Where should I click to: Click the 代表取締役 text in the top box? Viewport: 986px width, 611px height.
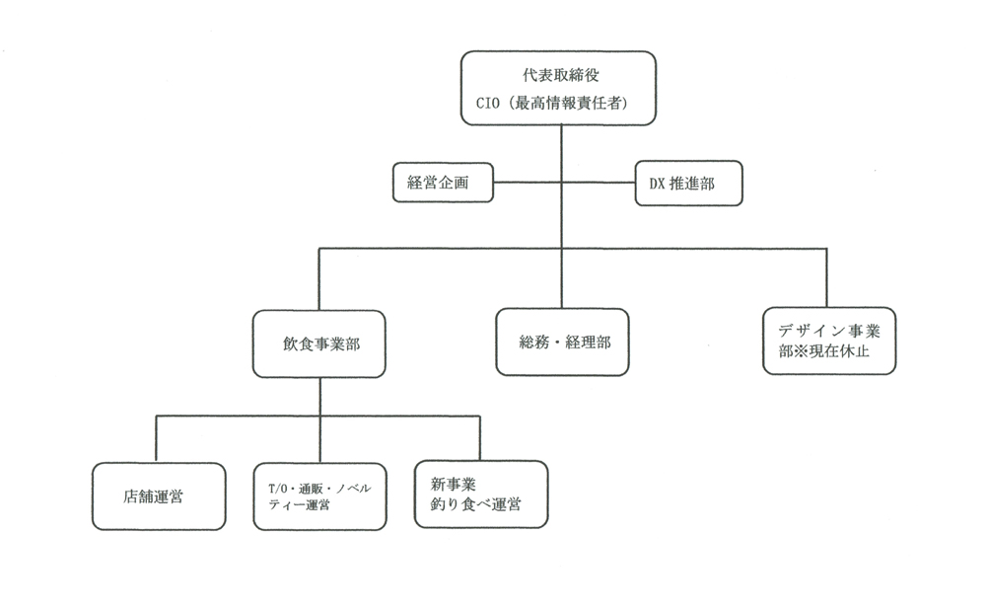[x=561, y=75]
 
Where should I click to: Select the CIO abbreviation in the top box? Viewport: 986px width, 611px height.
[x=488, y=104]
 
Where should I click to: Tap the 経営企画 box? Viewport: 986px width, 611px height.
[x=443, y=183]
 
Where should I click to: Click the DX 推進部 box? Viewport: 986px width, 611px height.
[x=688, y=184]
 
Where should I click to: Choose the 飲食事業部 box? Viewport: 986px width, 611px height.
[x=318, y=344]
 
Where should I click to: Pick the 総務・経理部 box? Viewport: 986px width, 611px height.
[x=562, y=343]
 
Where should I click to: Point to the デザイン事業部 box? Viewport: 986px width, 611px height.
[x=829, y=342]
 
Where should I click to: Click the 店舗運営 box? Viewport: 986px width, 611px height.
[x=159, y=496]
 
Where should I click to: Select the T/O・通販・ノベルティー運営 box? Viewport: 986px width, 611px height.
[x=320, y=496]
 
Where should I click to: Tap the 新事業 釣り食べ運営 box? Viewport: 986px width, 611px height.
[x=481, y=494]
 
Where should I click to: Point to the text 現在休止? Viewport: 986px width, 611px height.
[x=839, y=351]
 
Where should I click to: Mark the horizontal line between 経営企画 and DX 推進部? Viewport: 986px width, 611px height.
[x=564, y=183]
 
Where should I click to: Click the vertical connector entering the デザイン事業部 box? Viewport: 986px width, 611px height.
[x=826, y=277]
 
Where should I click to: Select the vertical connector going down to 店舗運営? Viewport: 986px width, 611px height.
[x=156, y=438]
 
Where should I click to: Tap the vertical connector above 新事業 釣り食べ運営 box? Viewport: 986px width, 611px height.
[x=480, y=438]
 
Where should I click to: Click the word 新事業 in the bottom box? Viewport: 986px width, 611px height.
[x=454, y=484]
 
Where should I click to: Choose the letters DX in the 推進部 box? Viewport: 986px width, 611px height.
[x=657, y=184]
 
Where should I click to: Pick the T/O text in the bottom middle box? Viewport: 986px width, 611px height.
[x=277, y=489]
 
